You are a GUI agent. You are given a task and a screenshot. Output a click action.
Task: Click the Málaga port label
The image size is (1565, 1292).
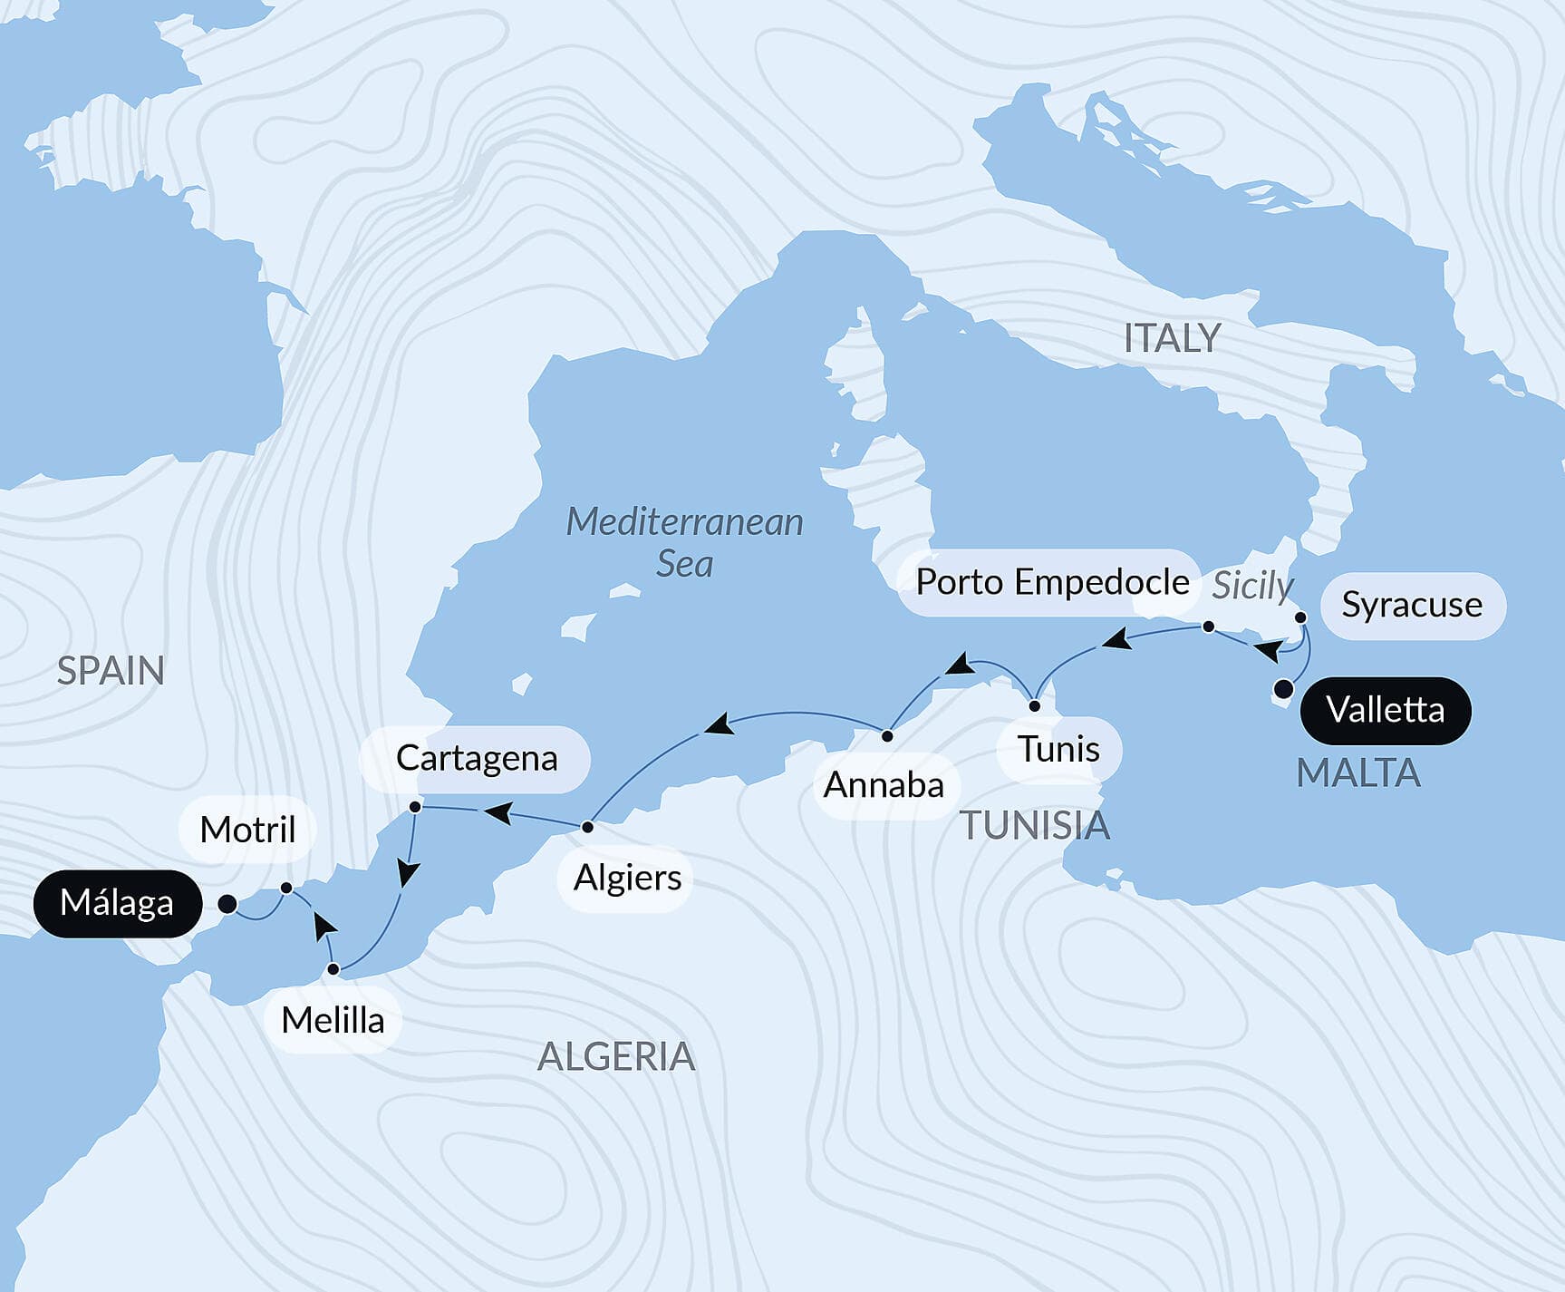[x=117, y=903]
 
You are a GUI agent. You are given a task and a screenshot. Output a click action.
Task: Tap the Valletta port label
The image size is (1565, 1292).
[x=1385, y=710]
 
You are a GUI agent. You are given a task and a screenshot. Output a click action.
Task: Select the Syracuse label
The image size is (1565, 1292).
[x=1411, y=605]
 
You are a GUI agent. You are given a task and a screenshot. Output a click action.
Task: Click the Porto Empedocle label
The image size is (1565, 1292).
[x=1051, y=582]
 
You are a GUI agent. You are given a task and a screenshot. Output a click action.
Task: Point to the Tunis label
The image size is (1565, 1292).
[x=1058, y=750]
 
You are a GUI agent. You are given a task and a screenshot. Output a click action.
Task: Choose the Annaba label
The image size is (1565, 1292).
[x=884, y=785]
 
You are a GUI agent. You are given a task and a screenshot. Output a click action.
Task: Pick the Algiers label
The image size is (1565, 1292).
[x=627, y=878]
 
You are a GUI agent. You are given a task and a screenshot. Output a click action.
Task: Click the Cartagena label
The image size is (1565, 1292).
[x=476, y=758]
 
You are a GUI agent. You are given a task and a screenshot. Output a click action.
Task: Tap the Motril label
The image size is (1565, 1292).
[x=247, y=830]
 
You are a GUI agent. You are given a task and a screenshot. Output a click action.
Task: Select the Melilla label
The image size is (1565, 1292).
[x=333, y=1021]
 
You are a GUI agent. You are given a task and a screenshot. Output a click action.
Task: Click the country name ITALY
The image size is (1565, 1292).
[x=1172, y=338]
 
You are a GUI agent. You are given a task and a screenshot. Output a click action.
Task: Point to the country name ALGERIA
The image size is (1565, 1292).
[x=616, y=1057]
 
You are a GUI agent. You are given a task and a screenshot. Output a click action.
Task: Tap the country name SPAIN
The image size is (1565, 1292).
[x=111, y=671]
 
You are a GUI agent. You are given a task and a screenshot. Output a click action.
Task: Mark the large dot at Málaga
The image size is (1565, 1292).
[x=227, y=904]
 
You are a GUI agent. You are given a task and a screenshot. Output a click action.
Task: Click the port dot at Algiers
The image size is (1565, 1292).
[x=587, y=827]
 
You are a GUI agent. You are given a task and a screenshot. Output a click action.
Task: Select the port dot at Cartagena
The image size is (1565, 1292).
[x=415, y=806]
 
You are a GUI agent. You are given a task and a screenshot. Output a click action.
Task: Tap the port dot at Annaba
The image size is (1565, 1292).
[x=887, y=736]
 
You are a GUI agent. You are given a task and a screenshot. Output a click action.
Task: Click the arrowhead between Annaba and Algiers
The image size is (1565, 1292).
[x=719, y=724]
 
